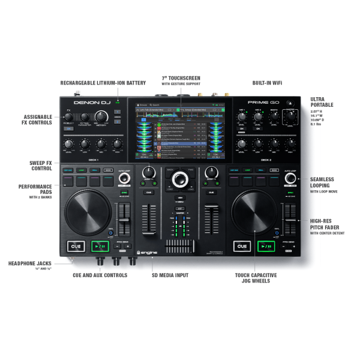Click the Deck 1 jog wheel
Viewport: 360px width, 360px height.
88,212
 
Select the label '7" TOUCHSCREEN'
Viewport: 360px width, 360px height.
181,79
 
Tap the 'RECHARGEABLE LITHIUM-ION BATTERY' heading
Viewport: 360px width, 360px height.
103,82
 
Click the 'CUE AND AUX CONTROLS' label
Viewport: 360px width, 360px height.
100,275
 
